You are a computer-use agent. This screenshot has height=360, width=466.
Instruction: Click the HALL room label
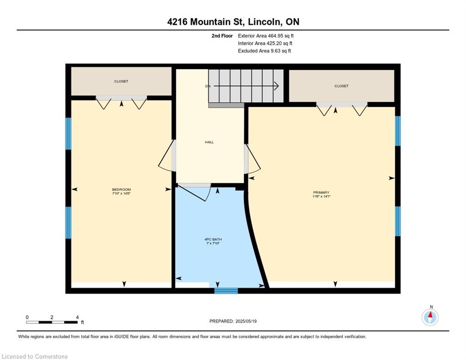(x=209, y=142)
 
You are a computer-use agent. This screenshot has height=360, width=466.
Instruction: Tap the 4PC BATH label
(x=213, y=240)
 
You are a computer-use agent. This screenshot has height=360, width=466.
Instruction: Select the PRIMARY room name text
(x=321, y=192)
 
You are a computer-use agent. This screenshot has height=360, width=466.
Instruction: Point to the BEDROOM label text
(x=121, y=189)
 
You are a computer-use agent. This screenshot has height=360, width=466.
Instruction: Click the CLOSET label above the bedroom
(x=121, y=81)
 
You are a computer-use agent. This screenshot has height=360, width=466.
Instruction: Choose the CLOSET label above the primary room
(x=341, y=86)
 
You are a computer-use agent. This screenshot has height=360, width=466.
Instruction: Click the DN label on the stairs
(x=208, y=86)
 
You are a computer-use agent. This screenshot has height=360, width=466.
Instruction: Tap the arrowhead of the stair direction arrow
(x=277, y=86)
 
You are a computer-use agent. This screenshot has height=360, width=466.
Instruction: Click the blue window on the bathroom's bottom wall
(x=226, y=291)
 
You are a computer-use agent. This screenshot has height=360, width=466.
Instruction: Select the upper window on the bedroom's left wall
(x=68, y=134)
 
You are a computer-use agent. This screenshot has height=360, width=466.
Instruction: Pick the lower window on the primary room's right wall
(x=398, y=221)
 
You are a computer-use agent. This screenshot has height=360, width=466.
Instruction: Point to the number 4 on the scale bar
(x=77, y=317)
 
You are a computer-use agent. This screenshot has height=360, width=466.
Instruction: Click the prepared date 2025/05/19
(x=246, y=322)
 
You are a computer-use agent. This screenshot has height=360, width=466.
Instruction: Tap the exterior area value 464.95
(x=274, y=36)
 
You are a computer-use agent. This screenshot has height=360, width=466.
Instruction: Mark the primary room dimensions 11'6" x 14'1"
(x=322, y=196)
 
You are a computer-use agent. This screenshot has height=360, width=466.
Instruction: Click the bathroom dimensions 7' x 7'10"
(x=213, y=243)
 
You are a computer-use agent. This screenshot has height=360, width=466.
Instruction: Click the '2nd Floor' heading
(x=222, y=36)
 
